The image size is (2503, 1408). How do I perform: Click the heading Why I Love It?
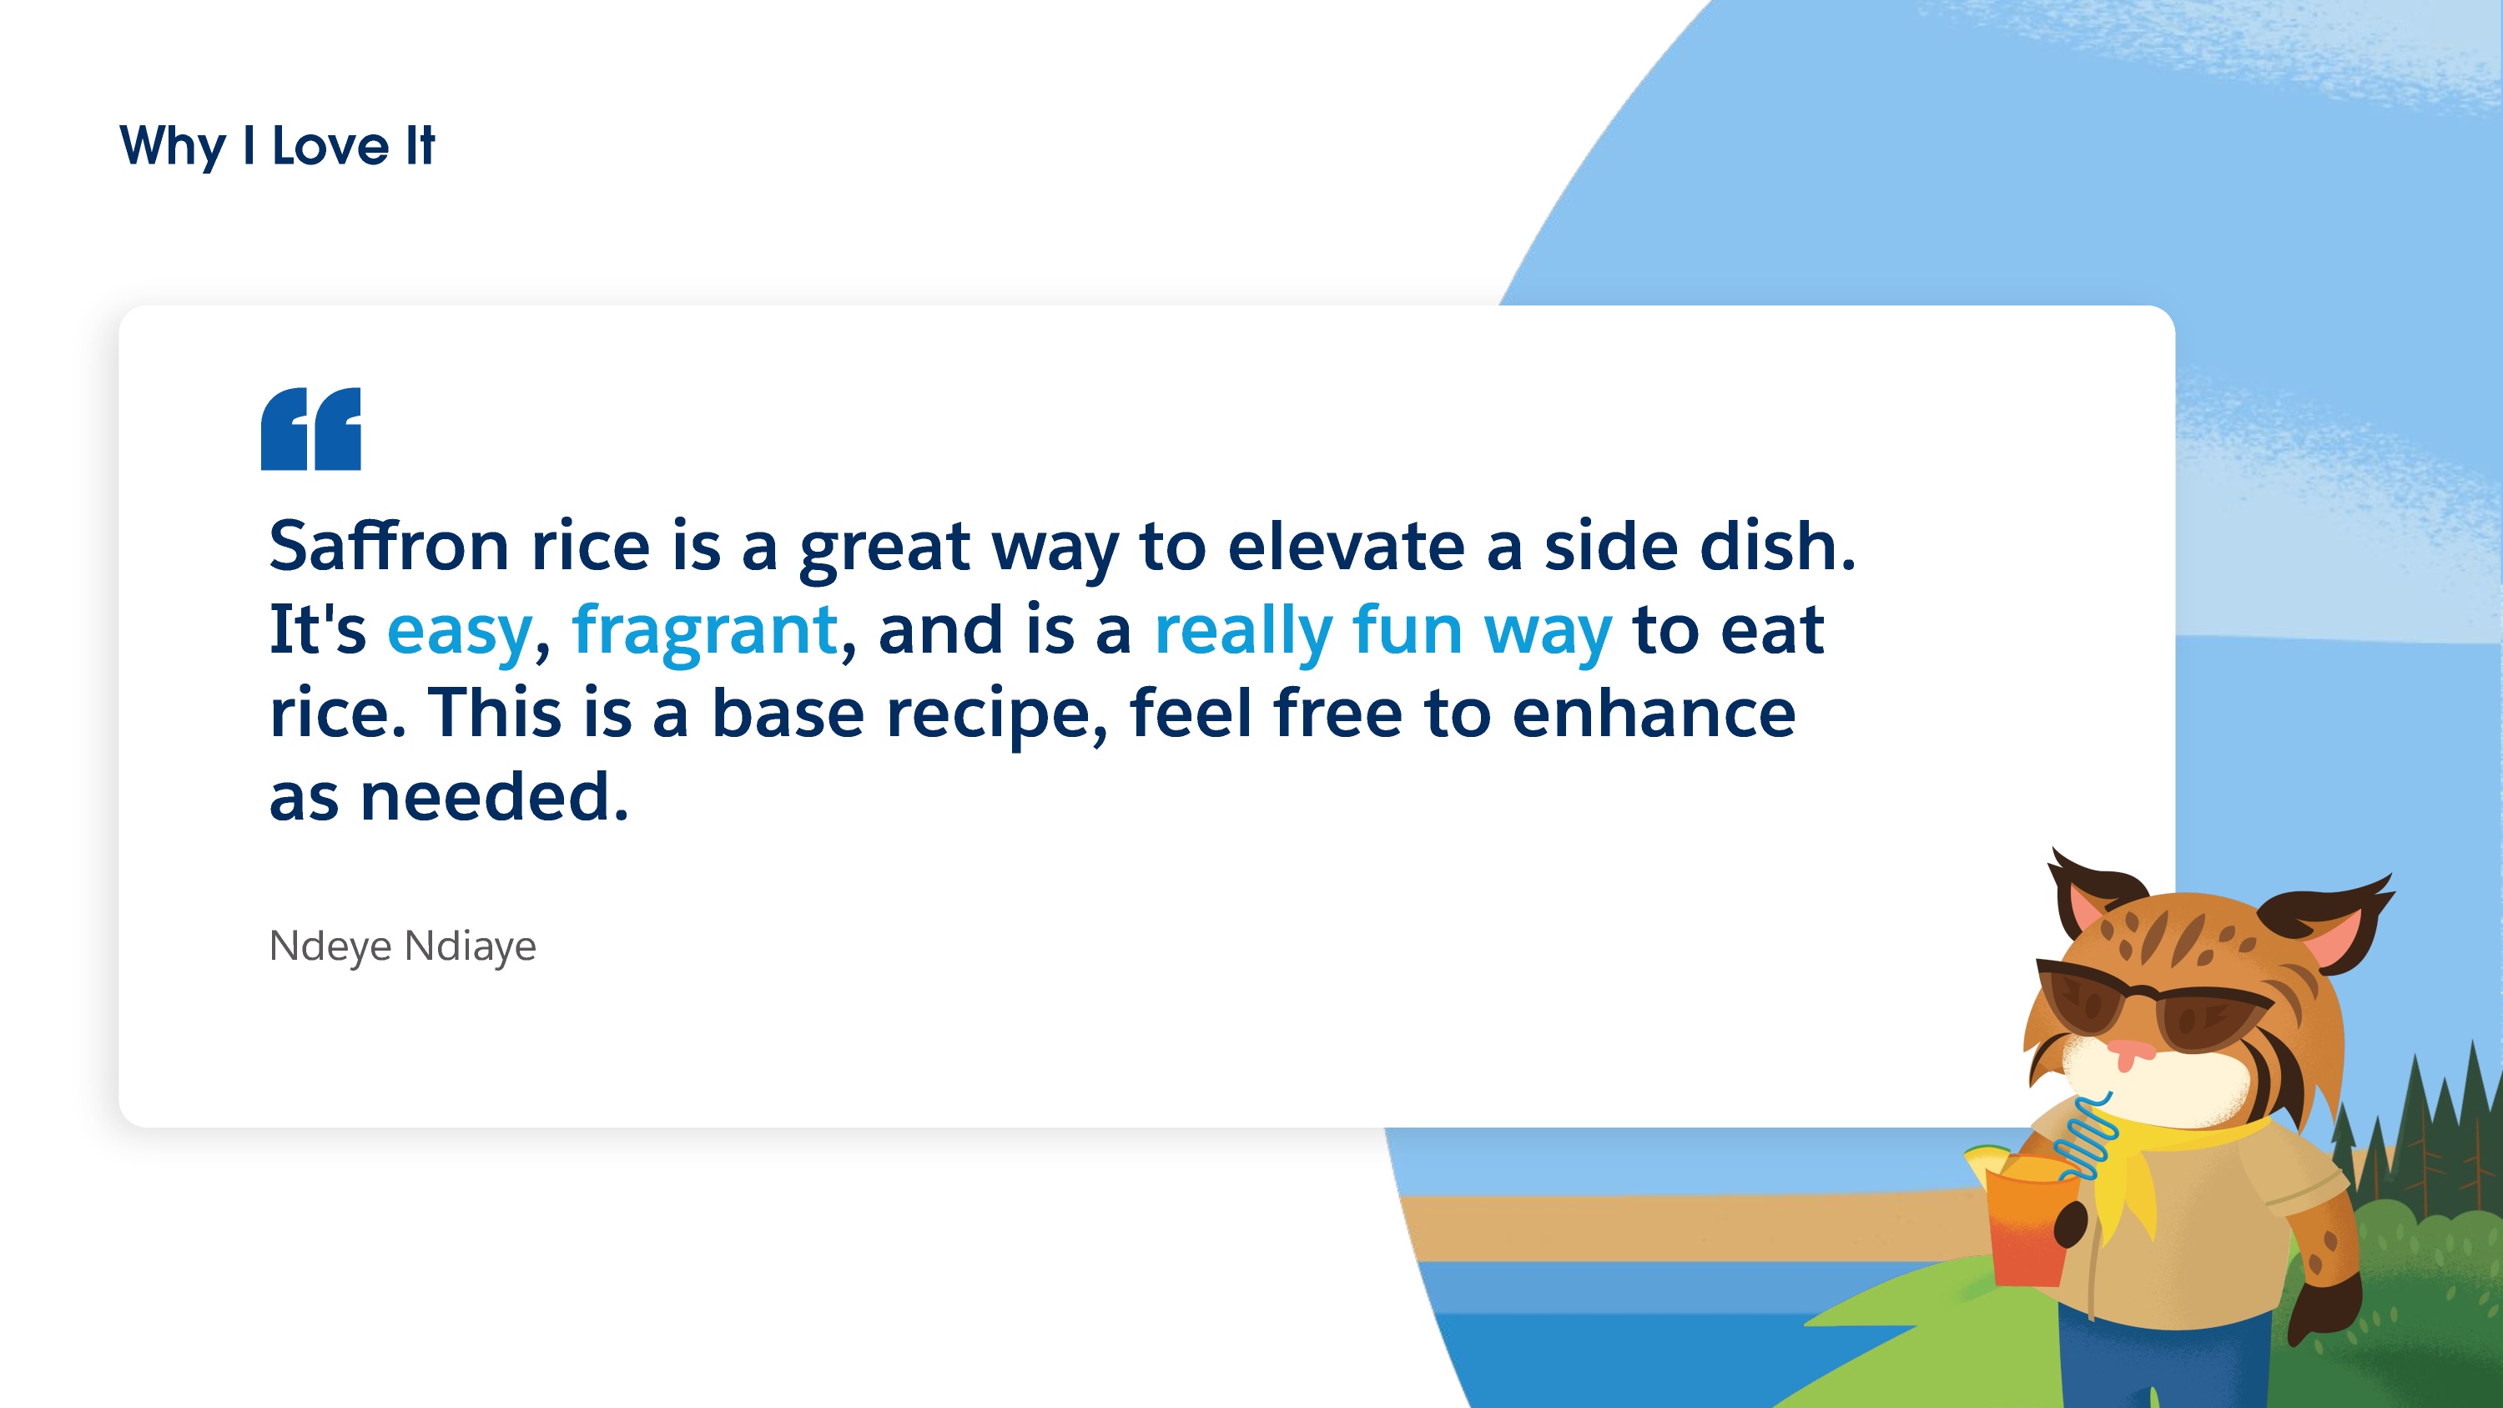[x=277, y=148]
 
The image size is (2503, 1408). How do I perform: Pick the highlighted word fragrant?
[x=704, y=632]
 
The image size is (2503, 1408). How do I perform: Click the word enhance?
[x=1654, y=712]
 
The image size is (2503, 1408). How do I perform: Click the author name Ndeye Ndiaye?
[x=402, y=946]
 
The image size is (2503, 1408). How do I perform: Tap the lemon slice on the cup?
[x=1988, y=1158]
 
